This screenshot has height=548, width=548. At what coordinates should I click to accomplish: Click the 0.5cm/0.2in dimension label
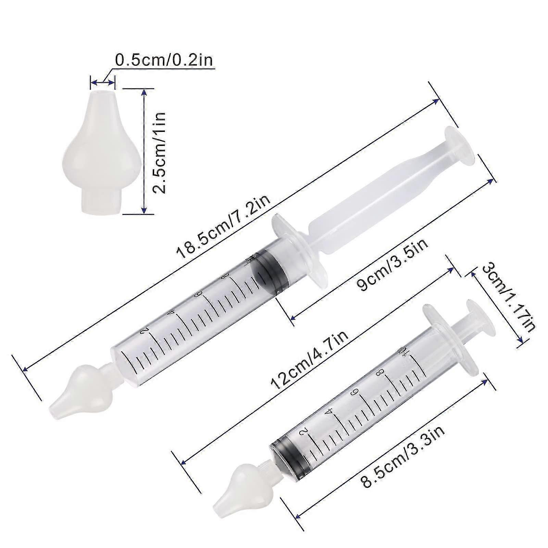click(164, 60)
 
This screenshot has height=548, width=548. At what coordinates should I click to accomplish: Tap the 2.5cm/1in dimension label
click(159, 153)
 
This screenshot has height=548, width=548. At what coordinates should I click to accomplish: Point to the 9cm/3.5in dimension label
click(391, 265)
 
